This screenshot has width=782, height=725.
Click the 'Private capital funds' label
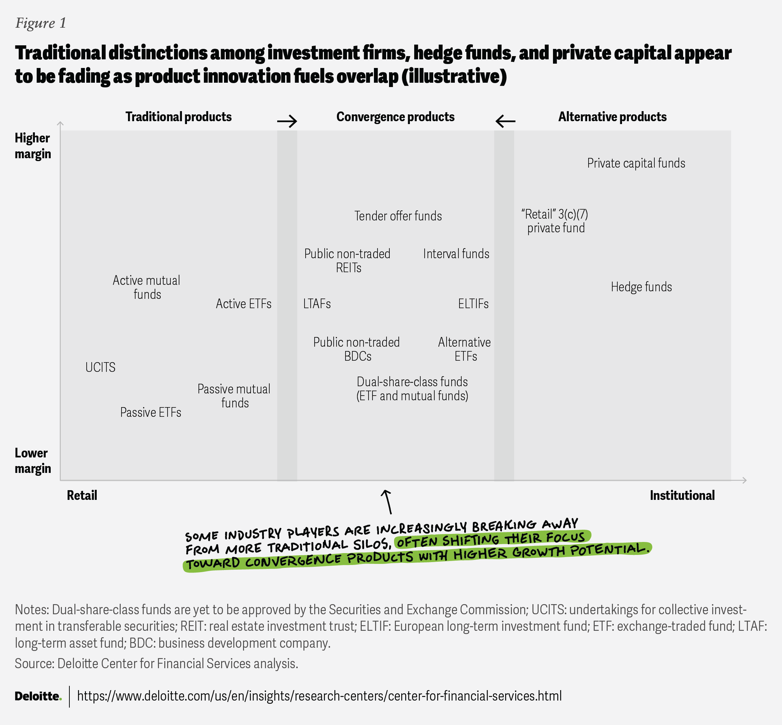point(636,163)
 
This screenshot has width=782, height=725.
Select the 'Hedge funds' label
point(641,287)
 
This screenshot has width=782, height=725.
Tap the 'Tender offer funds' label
point(398,216)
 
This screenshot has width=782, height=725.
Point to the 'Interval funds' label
point(456,254)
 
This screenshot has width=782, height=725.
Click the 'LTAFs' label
point(317,304)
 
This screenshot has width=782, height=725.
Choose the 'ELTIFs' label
point(474,304)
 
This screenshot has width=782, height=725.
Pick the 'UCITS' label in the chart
point(100,367)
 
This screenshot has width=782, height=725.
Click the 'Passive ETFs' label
point(151,412)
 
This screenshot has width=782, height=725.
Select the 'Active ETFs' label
point(243,304)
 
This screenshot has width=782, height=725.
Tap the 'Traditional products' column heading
point(178,117)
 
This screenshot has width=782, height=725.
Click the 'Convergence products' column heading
point(395,117)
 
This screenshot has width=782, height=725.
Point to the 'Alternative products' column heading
point(612,117)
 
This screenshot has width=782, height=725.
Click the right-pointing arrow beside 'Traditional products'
point(287,121)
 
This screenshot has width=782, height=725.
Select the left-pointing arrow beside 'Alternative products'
point(505,121)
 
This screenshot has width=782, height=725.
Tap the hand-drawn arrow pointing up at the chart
point(387,501)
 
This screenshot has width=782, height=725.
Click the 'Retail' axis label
point(82,496)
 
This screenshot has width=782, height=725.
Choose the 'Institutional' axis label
point(682,496)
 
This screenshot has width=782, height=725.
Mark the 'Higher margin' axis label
point(33,146)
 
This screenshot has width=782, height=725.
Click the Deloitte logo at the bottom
point(38,696)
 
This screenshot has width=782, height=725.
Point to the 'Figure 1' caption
point(41,23)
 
